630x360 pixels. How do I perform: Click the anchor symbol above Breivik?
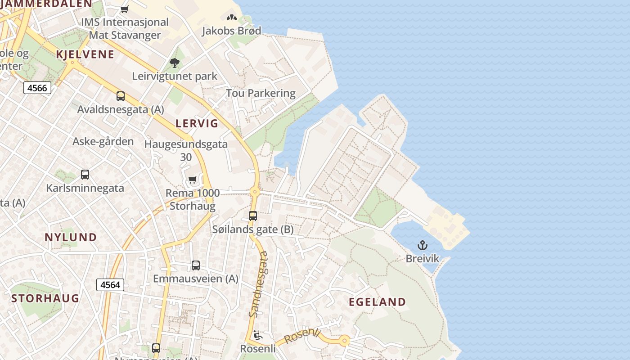pyautogui.click(x=422, y=245)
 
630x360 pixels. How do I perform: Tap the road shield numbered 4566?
pyautogui.click(x=37, y=88)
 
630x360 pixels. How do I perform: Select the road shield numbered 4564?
pyautogui.click(x=110, y=284)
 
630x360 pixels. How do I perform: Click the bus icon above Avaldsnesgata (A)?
pyautogui.click(x=121, y=96)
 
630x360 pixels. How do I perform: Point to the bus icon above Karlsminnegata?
pyautogui.click(x=85, y=174)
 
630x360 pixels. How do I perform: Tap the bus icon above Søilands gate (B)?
pyautogui.click(x=253, y=216)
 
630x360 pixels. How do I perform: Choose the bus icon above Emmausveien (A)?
pyautogui.click(x=196, y=265)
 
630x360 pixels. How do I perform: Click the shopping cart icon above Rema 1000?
pyautogui.click(x=192, y=180)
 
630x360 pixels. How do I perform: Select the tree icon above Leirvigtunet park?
pyautogui.click(x=175, y=63)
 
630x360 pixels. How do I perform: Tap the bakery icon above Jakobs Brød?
pyautogui.click(x=231, y=18)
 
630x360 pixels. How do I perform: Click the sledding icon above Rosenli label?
pyautogui.click(x=258, y=336)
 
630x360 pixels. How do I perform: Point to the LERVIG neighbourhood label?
pyautogui.click(x=197, y=123)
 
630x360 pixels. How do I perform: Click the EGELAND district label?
pyautogui.click(x=378, y=302)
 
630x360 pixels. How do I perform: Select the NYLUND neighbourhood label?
pyautogui.click(x=71, y=237)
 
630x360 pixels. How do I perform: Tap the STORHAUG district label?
pyautogui.click(x=45, y=298)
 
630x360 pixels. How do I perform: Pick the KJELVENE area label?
pyautogui.click(x=85, y=54)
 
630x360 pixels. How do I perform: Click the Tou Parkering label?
pyautogui.click(x=261, y=93)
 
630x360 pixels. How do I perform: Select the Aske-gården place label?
pyautogui.click(x=103, y=141)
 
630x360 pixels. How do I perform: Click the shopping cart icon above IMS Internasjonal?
pyautogui.click(x=125, y=9)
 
